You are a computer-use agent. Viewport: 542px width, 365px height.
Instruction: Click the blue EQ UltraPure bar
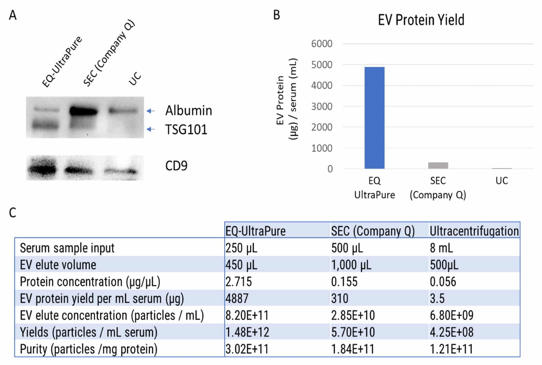[374, 118]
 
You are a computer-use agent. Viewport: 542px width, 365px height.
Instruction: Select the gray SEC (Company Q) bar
[438, 165]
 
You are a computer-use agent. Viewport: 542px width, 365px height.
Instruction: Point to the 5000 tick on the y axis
[322, 65]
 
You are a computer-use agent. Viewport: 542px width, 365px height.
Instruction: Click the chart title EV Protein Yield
[421, 20]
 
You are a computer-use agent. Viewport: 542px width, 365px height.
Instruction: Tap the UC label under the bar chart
[502, 181]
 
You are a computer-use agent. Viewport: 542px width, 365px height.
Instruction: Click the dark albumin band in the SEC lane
[83, 111]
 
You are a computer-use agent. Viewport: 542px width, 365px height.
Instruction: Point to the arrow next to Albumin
[151, 111]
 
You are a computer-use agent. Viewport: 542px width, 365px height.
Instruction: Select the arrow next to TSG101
[151, 129]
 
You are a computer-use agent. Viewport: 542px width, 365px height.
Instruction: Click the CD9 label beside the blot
[176, 166]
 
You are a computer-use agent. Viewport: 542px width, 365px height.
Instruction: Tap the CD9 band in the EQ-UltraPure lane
[42, 170]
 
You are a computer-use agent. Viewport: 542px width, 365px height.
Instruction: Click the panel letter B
[276, 15]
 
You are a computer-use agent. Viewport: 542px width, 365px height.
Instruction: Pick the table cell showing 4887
[237, 298]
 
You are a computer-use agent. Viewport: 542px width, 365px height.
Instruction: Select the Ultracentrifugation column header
[474, 231]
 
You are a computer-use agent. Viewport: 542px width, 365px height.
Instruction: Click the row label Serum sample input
[67, 248]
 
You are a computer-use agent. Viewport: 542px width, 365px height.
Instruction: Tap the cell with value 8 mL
[441, 248]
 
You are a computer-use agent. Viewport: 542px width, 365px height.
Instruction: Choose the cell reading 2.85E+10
[353, 315]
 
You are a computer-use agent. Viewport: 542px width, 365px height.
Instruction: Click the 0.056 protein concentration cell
[443, 282]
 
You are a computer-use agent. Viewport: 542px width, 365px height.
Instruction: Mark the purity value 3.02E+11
[247, 349]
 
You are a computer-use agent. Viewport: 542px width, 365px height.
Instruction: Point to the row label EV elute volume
[58, 265]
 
